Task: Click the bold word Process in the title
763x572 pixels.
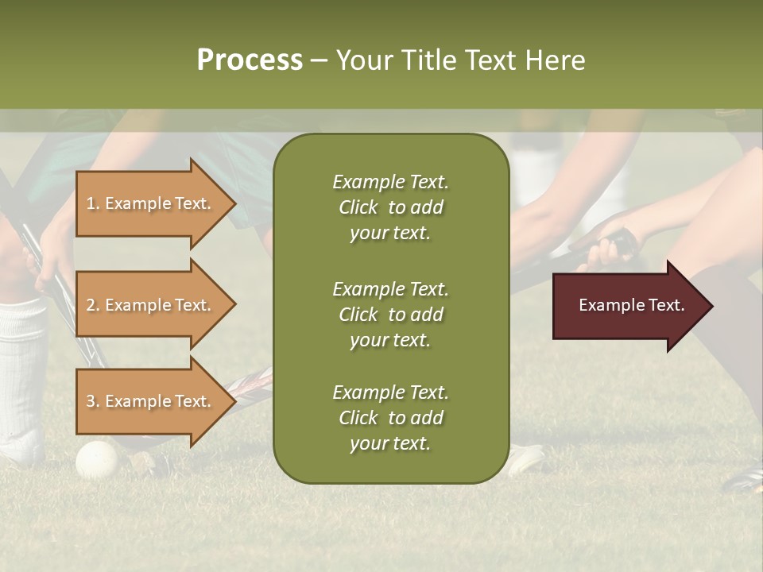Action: (x=250, y=60)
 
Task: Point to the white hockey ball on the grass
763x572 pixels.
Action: (x=96, y=459)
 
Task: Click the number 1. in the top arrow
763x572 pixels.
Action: (x=93, y=203)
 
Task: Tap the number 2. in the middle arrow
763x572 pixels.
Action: (x=93, y=305)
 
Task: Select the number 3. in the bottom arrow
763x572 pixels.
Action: (x=93, y=401)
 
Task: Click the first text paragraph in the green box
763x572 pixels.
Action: (x=390, y=207)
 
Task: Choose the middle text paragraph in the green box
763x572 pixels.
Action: (x=390, y=315)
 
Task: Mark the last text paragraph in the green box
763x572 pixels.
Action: (x=390, y=418)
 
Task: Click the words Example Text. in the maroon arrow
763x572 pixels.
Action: (x=631, y=305)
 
